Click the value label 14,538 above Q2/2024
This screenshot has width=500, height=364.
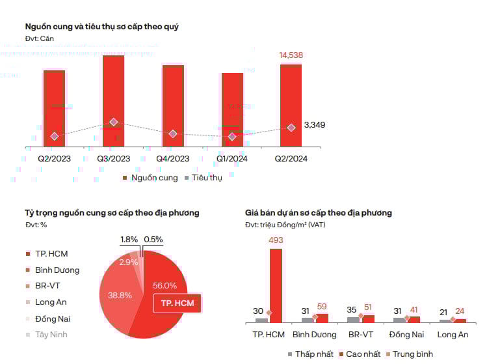(x=291, y=55)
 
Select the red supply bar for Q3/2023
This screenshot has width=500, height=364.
(x=113, y=98)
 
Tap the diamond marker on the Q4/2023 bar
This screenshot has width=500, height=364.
(x=172, y=133)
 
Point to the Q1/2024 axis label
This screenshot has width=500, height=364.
(x=231, y=158)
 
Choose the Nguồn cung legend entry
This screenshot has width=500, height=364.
(x=150, y=178)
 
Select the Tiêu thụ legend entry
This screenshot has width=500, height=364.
(x=204, y=178)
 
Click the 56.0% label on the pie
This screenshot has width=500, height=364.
(x=165, y=285)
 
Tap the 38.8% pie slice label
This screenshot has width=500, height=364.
(x=120, y=295)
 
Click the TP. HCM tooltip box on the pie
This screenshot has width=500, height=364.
(x=177, y=303)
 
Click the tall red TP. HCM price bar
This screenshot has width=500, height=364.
(x=276, y=285)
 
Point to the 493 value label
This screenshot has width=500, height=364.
(x=276, y=240)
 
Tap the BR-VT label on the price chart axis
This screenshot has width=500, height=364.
(x=361, y=335)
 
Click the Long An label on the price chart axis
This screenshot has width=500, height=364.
(x=453, y=335)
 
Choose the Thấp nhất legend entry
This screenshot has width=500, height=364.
(x=311, y=354)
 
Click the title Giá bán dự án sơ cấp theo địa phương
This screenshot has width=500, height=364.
(x=318, y=213)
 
